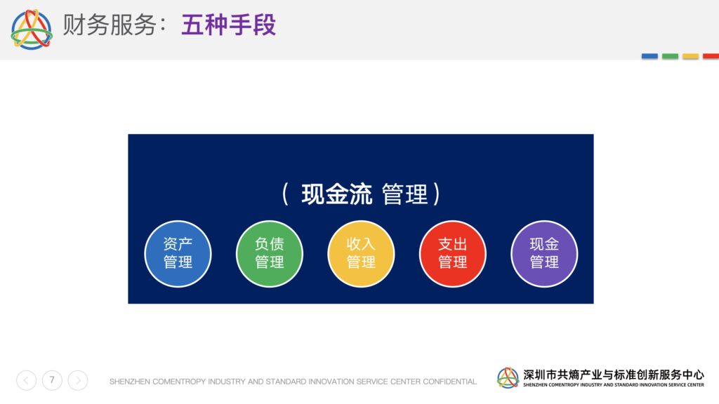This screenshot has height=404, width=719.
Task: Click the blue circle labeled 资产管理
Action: coord(178,254)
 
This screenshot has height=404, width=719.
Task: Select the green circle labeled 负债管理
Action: coord(270,254)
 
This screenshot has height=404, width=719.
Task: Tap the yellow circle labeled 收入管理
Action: coord(362,254)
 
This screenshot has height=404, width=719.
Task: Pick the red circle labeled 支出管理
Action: coord(453,254)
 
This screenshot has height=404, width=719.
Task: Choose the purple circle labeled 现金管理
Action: coord(544,254)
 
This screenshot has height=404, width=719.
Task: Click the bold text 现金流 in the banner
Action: coord(336,194)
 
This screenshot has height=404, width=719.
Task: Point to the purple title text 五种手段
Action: coord(228,25)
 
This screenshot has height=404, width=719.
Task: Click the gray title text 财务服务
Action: coord(110,25)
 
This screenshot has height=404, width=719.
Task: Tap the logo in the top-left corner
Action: coord(32,29)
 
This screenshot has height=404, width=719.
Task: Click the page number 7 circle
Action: coord(52,380)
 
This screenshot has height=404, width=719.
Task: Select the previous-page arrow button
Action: coord(27,380)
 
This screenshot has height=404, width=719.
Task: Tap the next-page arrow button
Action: coord(78,380)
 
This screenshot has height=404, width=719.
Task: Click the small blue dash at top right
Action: coord(649,56)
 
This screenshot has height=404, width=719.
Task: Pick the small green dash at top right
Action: coord(670,56)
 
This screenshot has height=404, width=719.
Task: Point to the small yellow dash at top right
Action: coord(691,56)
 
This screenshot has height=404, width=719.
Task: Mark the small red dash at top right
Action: coord(711,56)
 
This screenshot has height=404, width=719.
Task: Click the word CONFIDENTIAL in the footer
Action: coord(449,382)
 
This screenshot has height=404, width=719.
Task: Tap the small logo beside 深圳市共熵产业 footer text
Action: coord(508,378)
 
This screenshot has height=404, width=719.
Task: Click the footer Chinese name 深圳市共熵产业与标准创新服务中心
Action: coord(614,375)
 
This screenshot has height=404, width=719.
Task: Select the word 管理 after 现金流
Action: coord(405,194)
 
